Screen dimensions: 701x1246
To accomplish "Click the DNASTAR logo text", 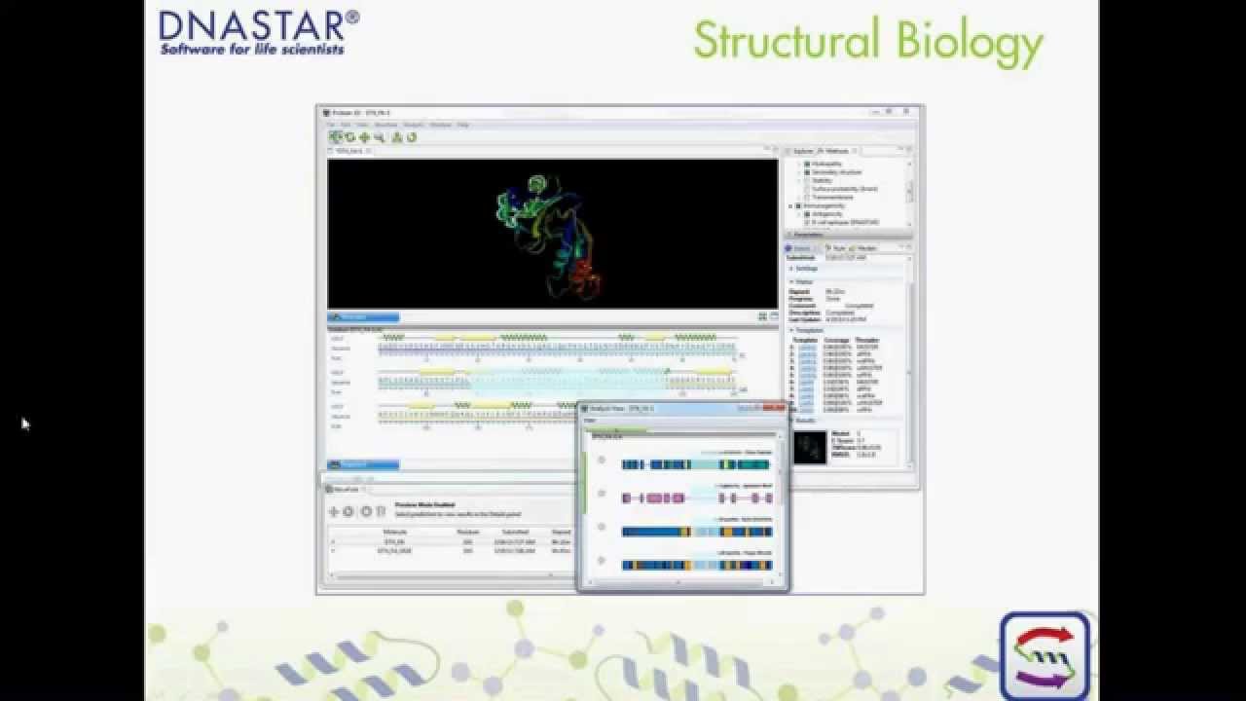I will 258,24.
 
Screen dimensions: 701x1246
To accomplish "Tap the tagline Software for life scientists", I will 251,49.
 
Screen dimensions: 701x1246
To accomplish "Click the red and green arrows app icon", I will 1044,655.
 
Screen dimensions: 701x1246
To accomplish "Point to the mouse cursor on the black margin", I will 24,423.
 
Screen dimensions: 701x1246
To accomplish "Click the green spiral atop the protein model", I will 536,182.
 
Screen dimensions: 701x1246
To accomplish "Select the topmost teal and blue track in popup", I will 695,464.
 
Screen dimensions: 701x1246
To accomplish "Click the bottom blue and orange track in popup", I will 695,565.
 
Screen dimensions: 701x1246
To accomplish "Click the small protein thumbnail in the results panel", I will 810,447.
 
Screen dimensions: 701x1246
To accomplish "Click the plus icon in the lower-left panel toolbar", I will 334,511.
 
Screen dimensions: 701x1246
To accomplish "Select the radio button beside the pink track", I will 601,494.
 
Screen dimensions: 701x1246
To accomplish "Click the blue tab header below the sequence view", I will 363,464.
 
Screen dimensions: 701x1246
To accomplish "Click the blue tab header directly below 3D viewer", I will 363,316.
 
